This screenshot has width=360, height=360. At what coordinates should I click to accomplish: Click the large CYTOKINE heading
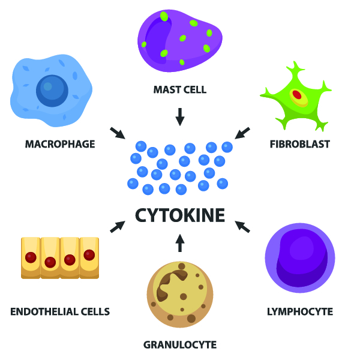[x=180, y=215]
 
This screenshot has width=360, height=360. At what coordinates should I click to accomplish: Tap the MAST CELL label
[x=180, y=90]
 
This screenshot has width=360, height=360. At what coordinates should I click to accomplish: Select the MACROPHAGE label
[x=60, y=144]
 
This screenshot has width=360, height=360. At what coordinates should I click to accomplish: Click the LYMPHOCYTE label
[x=299, y=311]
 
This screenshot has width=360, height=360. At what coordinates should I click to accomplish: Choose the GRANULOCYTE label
[x=180, y=344]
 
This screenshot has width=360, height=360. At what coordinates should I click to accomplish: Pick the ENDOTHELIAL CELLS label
[x=60, y=311]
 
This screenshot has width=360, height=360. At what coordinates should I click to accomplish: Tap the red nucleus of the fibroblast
[x=297, y=95]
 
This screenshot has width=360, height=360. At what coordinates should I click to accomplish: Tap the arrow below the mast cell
[x=179, y=116]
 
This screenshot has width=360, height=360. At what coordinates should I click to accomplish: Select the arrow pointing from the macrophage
[x=117, y=133]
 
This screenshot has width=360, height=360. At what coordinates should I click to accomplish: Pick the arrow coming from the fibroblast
[x=242, y=133]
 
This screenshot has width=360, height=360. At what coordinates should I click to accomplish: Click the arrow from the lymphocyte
[x=242, y=226]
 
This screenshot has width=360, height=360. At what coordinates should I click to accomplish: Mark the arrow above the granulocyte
[x=179, y=243]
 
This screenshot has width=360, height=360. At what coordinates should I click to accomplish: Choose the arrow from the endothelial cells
[x=118, y=226]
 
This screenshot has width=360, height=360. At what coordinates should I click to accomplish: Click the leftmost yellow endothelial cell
[x=31, y=257]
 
